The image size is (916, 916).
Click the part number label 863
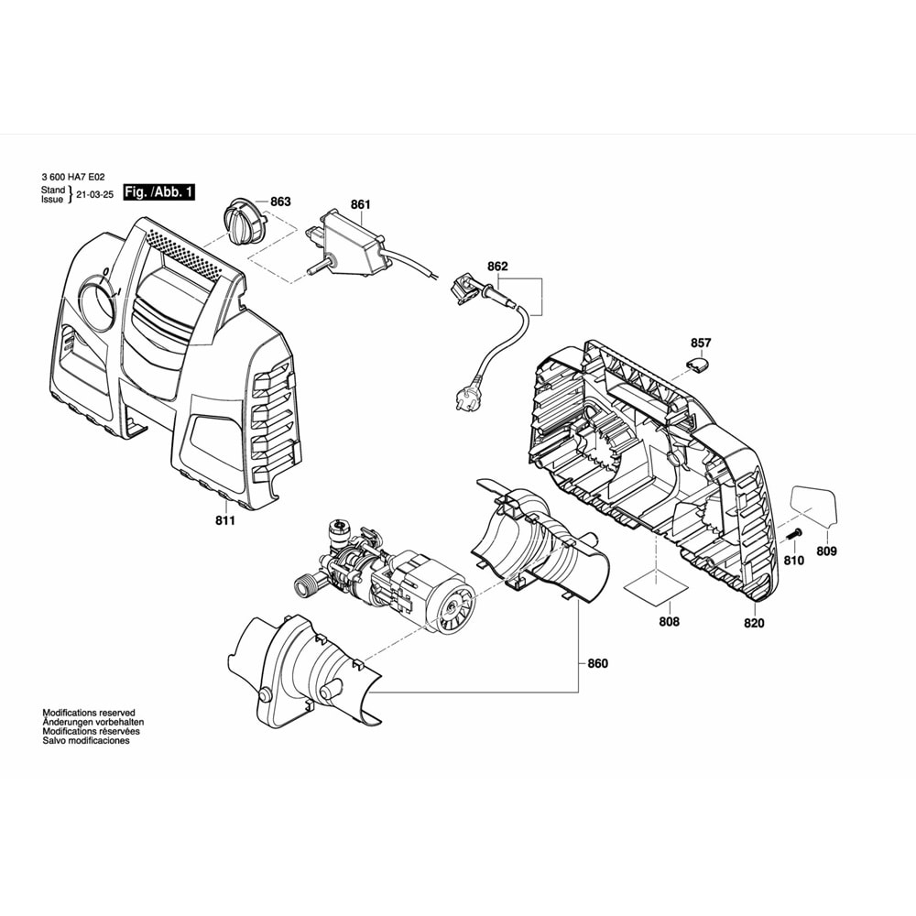pos(280,202)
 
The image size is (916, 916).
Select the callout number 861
pos(360,206)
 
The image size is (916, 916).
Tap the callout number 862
pos(497,267)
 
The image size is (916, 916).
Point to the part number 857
pos(701,343)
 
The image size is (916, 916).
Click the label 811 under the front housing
pos(225,520)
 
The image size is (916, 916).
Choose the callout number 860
pos(597,663)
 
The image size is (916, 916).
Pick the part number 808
pos(670,622)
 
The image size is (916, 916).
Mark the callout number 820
pos(754,622)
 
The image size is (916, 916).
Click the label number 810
pos(793,560)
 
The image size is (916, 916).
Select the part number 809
pos(827,551)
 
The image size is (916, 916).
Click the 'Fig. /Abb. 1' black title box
pos(159,192)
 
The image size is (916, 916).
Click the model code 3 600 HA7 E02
pos(74,178)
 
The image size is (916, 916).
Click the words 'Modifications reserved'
pos(89,712)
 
